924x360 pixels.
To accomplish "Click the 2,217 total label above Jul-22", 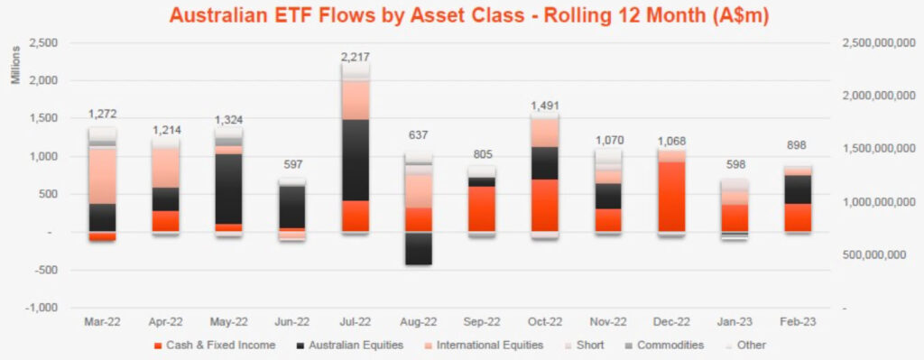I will pyautogui.click(x=356, y=57).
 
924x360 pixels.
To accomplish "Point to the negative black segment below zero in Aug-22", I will pyautogui.click(x=418, y=248).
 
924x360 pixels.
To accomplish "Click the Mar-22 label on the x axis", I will pyautogui.click(x=103, y=321).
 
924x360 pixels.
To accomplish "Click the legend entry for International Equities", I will pyautogui.click(x=488, y=345).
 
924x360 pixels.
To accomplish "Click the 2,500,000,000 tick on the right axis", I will pyautogui.click(x=872, y=43).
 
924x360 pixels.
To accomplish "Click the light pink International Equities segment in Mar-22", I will pyautogui.click(x=103, y=176).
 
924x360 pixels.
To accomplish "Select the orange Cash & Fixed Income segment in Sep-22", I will pyautogui.click(x=481, y=209).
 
